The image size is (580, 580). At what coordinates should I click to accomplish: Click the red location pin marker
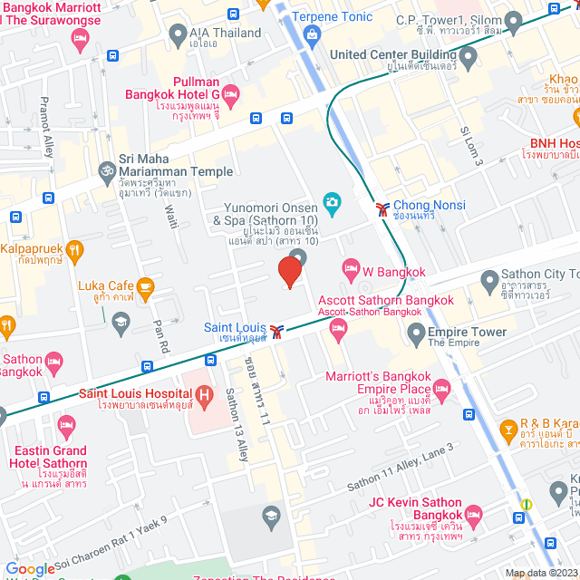coord(289,271)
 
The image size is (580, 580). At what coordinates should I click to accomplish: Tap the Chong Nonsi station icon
coord(383,209)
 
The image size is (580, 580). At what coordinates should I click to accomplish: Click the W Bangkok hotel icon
coord(351,268)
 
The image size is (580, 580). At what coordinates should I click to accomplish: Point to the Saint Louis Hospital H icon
coord(204,394)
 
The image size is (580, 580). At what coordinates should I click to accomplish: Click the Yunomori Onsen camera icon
coord(332,200)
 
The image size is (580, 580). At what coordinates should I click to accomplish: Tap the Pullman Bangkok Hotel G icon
coord(230,93)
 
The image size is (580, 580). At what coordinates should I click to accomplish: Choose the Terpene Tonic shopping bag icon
coord(314,36)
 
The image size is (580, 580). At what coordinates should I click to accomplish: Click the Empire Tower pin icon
coord(416,336)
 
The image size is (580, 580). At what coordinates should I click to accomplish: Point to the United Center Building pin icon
coord(468,60)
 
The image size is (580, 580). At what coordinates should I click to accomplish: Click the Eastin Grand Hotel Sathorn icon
coord(66,424)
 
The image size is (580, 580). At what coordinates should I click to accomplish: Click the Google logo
coord(29,568)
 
